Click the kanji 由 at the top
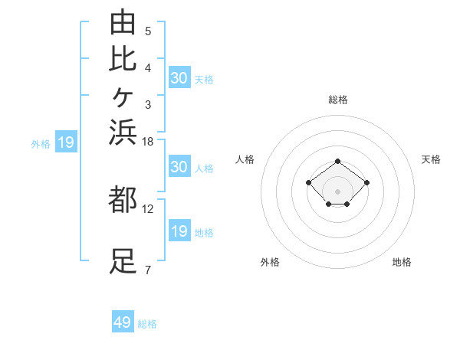[x=123, y=21]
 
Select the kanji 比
[x=123, y=60]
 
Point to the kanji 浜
[x=123, y=132]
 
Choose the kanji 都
[x=123, y=199]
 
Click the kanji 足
[x=123, y=261]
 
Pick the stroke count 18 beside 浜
[x=147, y=142]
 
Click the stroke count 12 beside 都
[x=147, y=209]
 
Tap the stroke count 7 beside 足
[x=148, y=270]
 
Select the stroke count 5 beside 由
[x=148, y=31]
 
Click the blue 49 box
[x=123, y=321]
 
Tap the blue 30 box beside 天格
[x=179, y=77]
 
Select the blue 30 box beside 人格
[x=179, y=166]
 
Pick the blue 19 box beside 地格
[x=179, y=230]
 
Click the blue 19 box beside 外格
[x=66, y=141]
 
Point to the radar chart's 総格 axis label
[x=338, y=100]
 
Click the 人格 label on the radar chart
[x=245, y=159]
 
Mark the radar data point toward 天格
[x=366, y=182]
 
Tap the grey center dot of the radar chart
[x=337, y=191]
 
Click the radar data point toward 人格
[x=308, y=182]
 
